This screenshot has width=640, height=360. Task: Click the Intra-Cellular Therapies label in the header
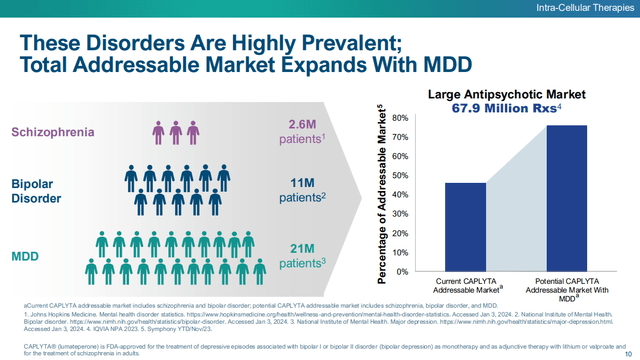pos(582,10)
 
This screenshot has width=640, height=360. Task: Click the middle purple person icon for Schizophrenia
pos(177,132)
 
